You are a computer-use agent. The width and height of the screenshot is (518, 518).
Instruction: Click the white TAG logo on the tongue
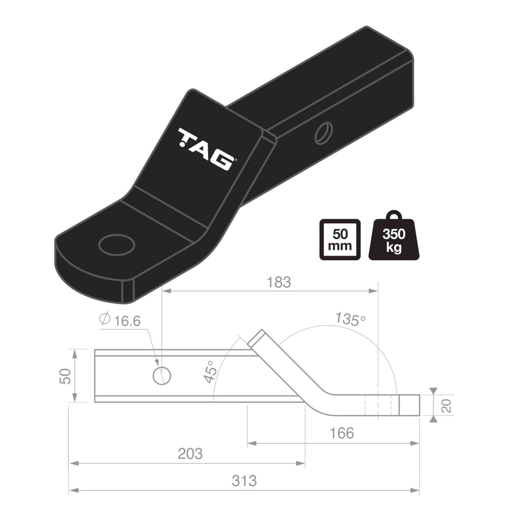(x=205, y=149)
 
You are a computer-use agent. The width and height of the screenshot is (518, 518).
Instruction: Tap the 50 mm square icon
(x=339, y=240)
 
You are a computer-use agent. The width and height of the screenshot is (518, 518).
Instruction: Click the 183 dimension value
(x=278, y=282)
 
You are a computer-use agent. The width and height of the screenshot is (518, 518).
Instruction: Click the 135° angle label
(x=350, y=319)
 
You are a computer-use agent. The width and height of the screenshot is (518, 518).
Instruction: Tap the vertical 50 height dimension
(x=65, y=376)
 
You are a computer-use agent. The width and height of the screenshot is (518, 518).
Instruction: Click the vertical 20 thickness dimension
(x=446, y=406)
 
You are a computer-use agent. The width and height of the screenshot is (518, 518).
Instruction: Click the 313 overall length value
(x=244, y=481)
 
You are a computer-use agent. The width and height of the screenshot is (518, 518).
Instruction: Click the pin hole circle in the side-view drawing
(x=161, y=375)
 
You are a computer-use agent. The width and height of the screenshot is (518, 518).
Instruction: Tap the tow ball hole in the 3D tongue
(x=117, y=245)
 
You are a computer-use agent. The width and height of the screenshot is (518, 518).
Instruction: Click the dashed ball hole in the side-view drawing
(x=378, y=405)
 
